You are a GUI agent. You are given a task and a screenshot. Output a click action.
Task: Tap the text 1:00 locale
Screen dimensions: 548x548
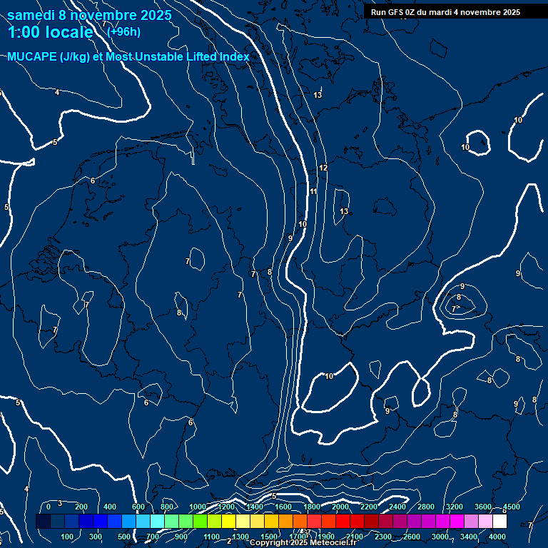point(50,32)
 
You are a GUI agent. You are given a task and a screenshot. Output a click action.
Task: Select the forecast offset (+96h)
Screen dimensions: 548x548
point(123,31)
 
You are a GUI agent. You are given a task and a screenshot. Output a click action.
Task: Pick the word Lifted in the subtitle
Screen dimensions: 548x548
point(195,57)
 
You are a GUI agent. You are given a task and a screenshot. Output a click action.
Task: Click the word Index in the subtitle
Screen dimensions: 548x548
point(233,57)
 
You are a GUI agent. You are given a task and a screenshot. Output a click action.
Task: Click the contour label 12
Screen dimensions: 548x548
point(323,168)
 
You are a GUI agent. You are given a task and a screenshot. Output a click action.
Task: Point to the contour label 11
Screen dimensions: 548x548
point(313,191)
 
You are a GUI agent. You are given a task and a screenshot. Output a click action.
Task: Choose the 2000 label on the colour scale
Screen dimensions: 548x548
point(340,507)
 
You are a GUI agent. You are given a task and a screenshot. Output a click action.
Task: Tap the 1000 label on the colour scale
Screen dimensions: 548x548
point(197,507)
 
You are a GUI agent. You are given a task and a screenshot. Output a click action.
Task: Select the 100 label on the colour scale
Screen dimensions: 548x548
point(67,537)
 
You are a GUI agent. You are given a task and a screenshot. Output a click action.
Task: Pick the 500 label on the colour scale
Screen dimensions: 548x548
point(124,537)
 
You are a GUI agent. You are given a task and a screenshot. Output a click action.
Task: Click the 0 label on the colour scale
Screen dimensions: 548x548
point(49,507)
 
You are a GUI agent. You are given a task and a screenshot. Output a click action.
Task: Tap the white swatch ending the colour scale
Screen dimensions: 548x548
point(499,522)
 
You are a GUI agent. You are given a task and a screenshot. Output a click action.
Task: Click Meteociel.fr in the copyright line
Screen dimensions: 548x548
point(333,543)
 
